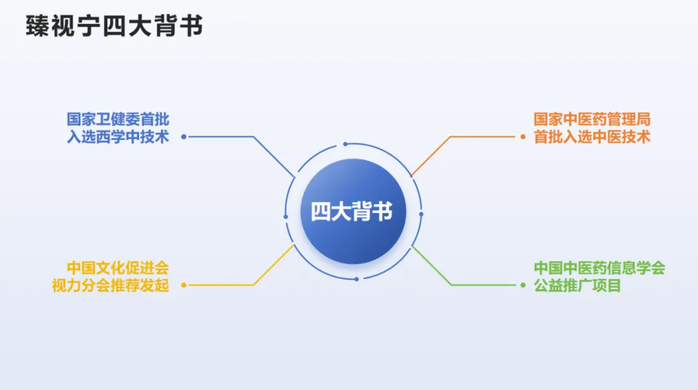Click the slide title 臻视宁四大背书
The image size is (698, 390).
click(114, 26)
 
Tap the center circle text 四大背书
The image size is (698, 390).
click(352, 211)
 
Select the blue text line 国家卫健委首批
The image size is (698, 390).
click(118, 119)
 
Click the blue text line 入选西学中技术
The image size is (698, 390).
click(118, 137)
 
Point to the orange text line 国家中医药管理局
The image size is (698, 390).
click(591, 119)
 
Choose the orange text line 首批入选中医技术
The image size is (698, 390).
click(591, 137)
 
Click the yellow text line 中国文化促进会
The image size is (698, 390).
click(118, 267)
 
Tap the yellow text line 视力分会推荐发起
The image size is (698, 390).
click(111, 285)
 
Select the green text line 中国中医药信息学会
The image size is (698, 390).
click(599, 267)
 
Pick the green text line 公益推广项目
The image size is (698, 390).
click(577, 285)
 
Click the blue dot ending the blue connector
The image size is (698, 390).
click(184, 137)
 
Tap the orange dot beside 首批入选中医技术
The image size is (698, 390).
click(523, 137)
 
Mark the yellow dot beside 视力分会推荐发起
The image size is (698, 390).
click(184, 285)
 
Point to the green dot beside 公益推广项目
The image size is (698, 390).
click(523, 285)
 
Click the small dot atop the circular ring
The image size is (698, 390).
click(346, 144)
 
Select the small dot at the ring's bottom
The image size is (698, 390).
click(356, 279)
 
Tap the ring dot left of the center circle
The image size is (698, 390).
click(286, 217)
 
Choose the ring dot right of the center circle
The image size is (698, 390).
click(421, 214)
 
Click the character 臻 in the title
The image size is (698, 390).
click(37, 26)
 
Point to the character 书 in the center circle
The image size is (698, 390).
click(383, 211)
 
